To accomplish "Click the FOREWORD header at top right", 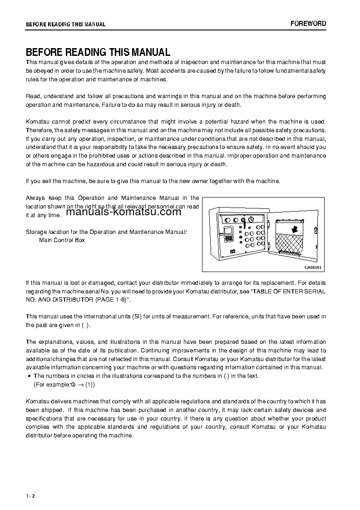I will tap(308, 24).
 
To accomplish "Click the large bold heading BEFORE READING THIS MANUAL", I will tap(98, 52).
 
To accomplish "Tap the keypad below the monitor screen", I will tap(229, 238).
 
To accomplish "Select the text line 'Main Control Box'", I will tap(62, 240).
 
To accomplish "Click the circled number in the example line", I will tap(73, 384).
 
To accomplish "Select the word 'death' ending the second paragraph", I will tap(232, 105).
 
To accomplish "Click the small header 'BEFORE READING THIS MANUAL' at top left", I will tap(65, 25).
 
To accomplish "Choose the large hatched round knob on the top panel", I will tap(244, 220).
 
